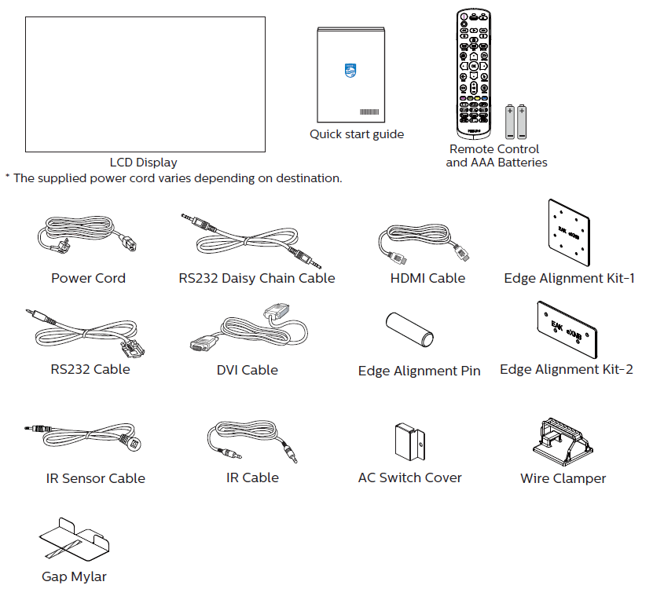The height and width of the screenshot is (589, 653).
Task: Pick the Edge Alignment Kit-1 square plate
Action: coord(567,233)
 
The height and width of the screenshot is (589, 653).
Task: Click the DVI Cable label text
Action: coord(247,370)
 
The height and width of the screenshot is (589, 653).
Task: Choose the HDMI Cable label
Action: coord(427,278)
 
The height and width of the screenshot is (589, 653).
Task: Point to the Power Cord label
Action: coord(88,278)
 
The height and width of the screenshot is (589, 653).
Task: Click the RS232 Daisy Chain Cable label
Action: coord(256,278)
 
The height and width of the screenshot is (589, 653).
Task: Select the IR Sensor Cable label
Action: coord(95,478)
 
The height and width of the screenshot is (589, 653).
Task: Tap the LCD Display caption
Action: coord(143,163)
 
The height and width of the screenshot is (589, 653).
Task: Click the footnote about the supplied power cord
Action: coord(174,178)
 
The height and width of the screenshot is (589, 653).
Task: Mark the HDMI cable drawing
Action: coord(424,242)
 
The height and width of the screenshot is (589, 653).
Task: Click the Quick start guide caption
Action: coord(356,134)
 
